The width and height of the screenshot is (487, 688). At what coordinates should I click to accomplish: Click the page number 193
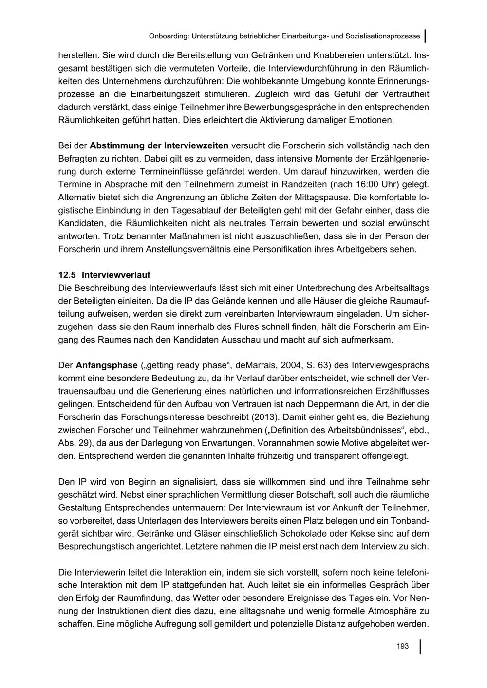tap(402, 646)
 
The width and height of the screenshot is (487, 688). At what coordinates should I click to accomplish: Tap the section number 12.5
tap(67, 275)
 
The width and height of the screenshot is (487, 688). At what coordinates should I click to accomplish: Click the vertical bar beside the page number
tap(420, 646)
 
